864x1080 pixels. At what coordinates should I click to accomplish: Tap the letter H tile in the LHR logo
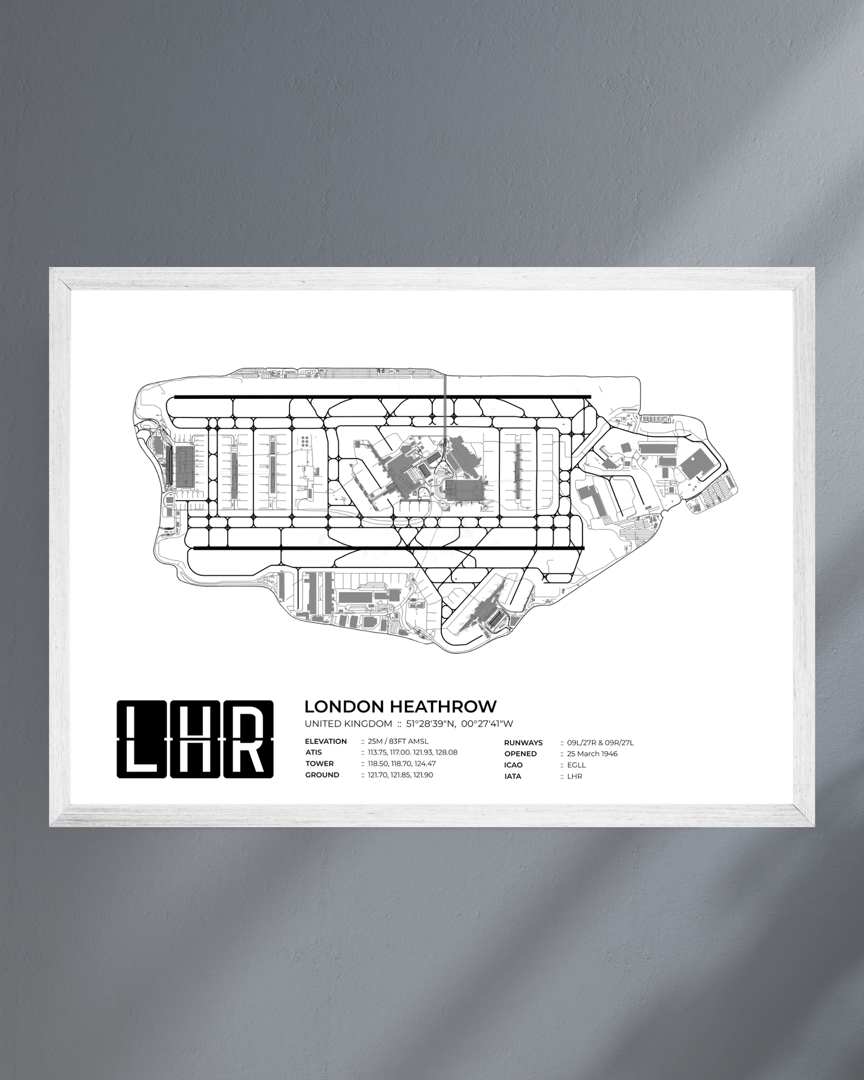[195, 739]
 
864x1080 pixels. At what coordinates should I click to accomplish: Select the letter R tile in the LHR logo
[248, 739]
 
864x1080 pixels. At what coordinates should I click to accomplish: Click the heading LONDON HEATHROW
[400, 706]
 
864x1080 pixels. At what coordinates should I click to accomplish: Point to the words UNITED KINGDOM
[348, 724]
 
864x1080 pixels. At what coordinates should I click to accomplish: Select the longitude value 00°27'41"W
[487, 724]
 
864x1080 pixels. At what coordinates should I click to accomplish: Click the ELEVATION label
[326, 742]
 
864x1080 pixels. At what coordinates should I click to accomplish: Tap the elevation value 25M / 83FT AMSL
[398, 742]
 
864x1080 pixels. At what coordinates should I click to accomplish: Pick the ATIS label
[313, 752]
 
